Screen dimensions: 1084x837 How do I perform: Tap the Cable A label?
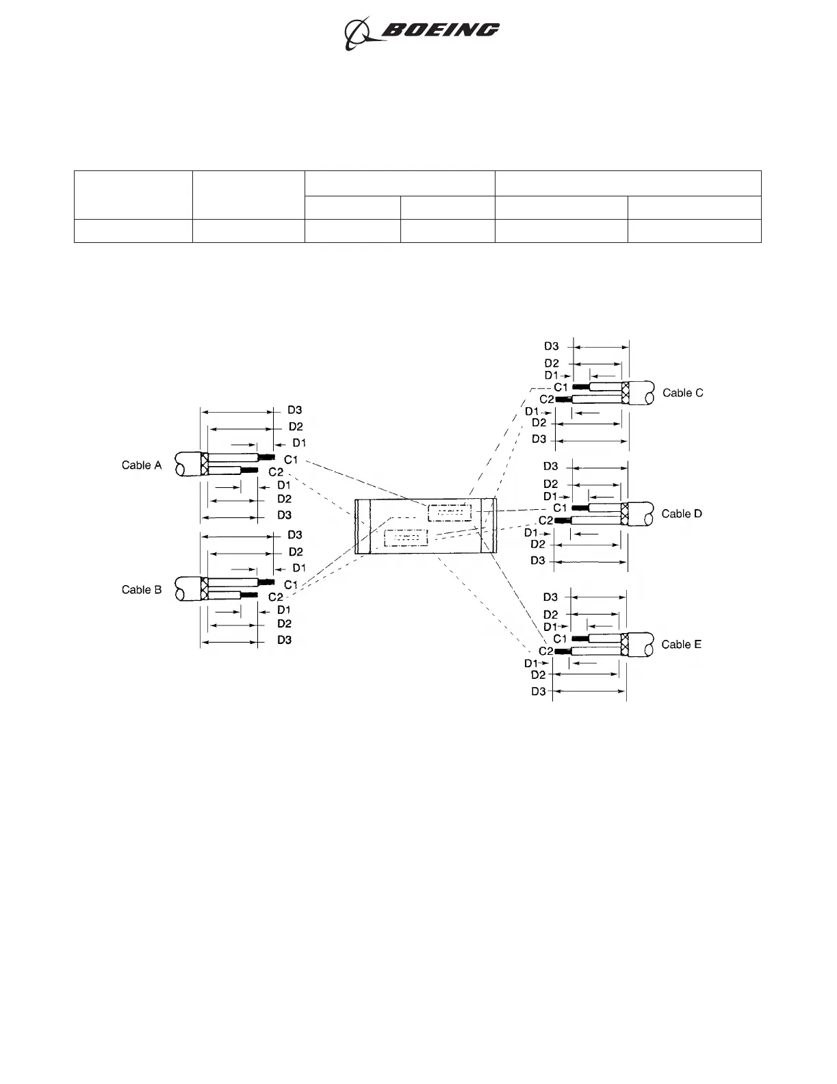(142, 465)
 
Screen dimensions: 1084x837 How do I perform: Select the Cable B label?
(142, 590)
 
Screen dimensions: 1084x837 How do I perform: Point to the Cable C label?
(682, 393)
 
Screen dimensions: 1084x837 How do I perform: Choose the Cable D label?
(682, 514)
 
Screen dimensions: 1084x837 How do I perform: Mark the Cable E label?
(681, 645)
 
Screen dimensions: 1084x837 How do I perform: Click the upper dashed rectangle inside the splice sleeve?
(450, 513)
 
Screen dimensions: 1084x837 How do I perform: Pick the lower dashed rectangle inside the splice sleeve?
(407, 537)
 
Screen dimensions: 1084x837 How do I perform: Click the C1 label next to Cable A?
(291, 459)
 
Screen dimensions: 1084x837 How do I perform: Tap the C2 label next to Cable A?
(276, 472)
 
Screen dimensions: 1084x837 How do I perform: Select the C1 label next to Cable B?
(291, 584)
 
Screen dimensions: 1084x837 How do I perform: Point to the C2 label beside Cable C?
(547, 399)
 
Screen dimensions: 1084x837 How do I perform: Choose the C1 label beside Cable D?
(560, 508)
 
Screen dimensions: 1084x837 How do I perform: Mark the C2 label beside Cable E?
(545, 651)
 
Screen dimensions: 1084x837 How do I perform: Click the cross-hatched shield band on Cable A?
(203, 464)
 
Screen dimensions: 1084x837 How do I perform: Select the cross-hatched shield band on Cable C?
(626, 393)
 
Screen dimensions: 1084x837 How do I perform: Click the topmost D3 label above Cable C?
(552, 346)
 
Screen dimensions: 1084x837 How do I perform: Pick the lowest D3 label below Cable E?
(539, 692)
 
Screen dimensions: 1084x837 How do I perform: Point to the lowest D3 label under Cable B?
(285, 640)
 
